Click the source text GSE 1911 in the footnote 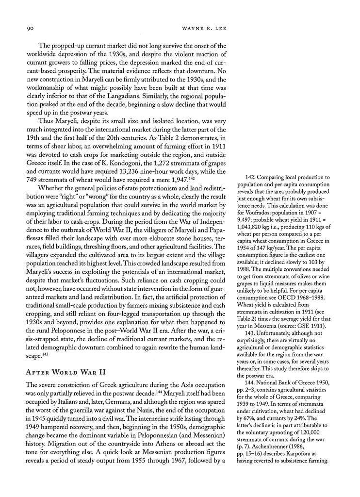(x=308, y=328)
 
